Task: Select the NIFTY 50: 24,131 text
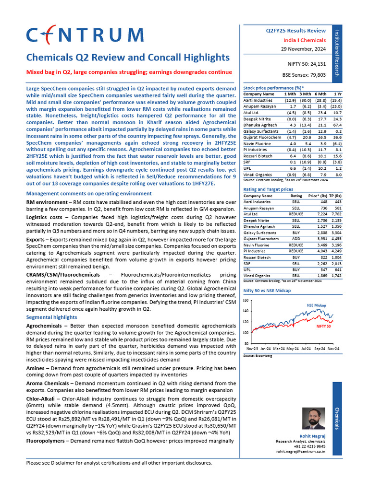306,64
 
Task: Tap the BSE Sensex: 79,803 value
304,75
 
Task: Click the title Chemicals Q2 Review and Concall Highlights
128,58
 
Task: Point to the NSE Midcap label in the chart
316,305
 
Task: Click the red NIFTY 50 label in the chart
323,326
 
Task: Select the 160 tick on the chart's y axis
246,301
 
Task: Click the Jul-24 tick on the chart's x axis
306,349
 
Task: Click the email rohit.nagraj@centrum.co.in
301,451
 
